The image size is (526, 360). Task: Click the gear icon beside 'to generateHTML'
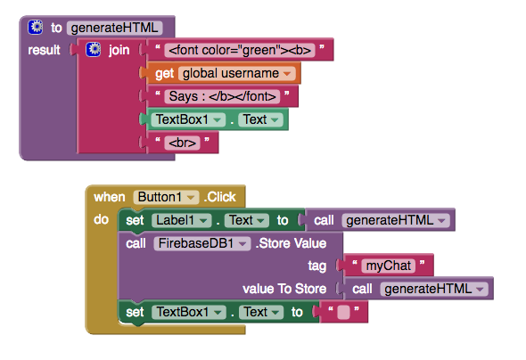pos(36,27)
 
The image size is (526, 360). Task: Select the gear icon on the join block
pos(94,50)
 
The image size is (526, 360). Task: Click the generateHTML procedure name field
pos(114,28)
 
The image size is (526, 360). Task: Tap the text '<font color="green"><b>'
pos(240,50)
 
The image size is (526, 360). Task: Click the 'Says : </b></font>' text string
pos(222,96)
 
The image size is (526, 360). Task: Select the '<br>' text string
pos(182,143)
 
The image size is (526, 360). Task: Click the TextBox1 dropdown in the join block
pos(188,119)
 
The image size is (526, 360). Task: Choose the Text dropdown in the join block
pos(260,119)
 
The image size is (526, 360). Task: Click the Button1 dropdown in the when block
pos(166,197)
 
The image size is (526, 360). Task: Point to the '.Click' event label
pos(220,197)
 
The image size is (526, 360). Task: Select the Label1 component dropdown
pos(182,220)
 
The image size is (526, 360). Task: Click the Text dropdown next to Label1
pos(247,220)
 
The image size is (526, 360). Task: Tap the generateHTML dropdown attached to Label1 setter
pos(396,220)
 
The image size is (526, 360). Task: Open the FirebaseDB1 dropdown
pos(202,243)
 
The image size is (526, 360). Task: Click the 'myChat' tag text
pos(389,266)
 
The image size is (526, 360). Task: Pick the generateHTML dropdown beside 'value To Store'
pos(434,289)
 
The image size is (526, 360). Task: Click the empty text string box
pos(343,313)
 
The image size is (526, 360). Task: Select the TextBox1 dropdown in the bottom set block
pos(188,312)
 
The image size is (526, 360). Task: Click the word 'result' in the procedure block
pos(44,50)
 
